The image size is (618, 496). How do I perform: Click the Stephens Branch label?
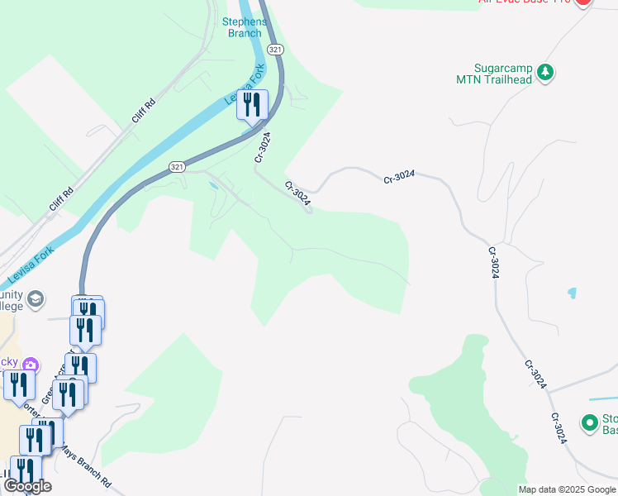point(243,27)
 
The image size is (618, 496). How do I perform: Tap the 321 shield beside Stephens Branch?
point(276,50)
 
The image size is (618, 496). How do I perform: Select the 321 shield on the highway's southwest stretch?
point(177,167)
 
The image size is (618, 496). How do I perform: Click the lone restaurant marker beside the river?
point(250,105)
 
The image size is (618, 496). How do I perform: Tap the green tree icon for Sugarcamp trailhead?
point(544,73)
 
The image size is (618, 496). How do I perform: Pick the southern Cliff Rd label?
point(61,198)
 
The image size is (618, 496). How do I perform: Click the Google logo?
point(27,486)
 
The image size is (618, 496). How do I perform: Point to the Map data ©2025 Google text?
point(568,489)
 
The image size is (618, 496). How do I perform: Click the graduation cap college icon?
point(36,298)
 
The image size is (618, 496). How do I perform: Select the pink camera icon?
point(31,364)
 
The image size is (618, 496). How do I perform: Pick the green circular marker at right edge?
point(590,422)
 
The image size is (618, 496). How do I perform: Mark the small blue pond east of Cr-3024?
point(571,293)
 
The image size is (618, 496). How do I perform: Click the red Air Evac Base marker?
point(583,2)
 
